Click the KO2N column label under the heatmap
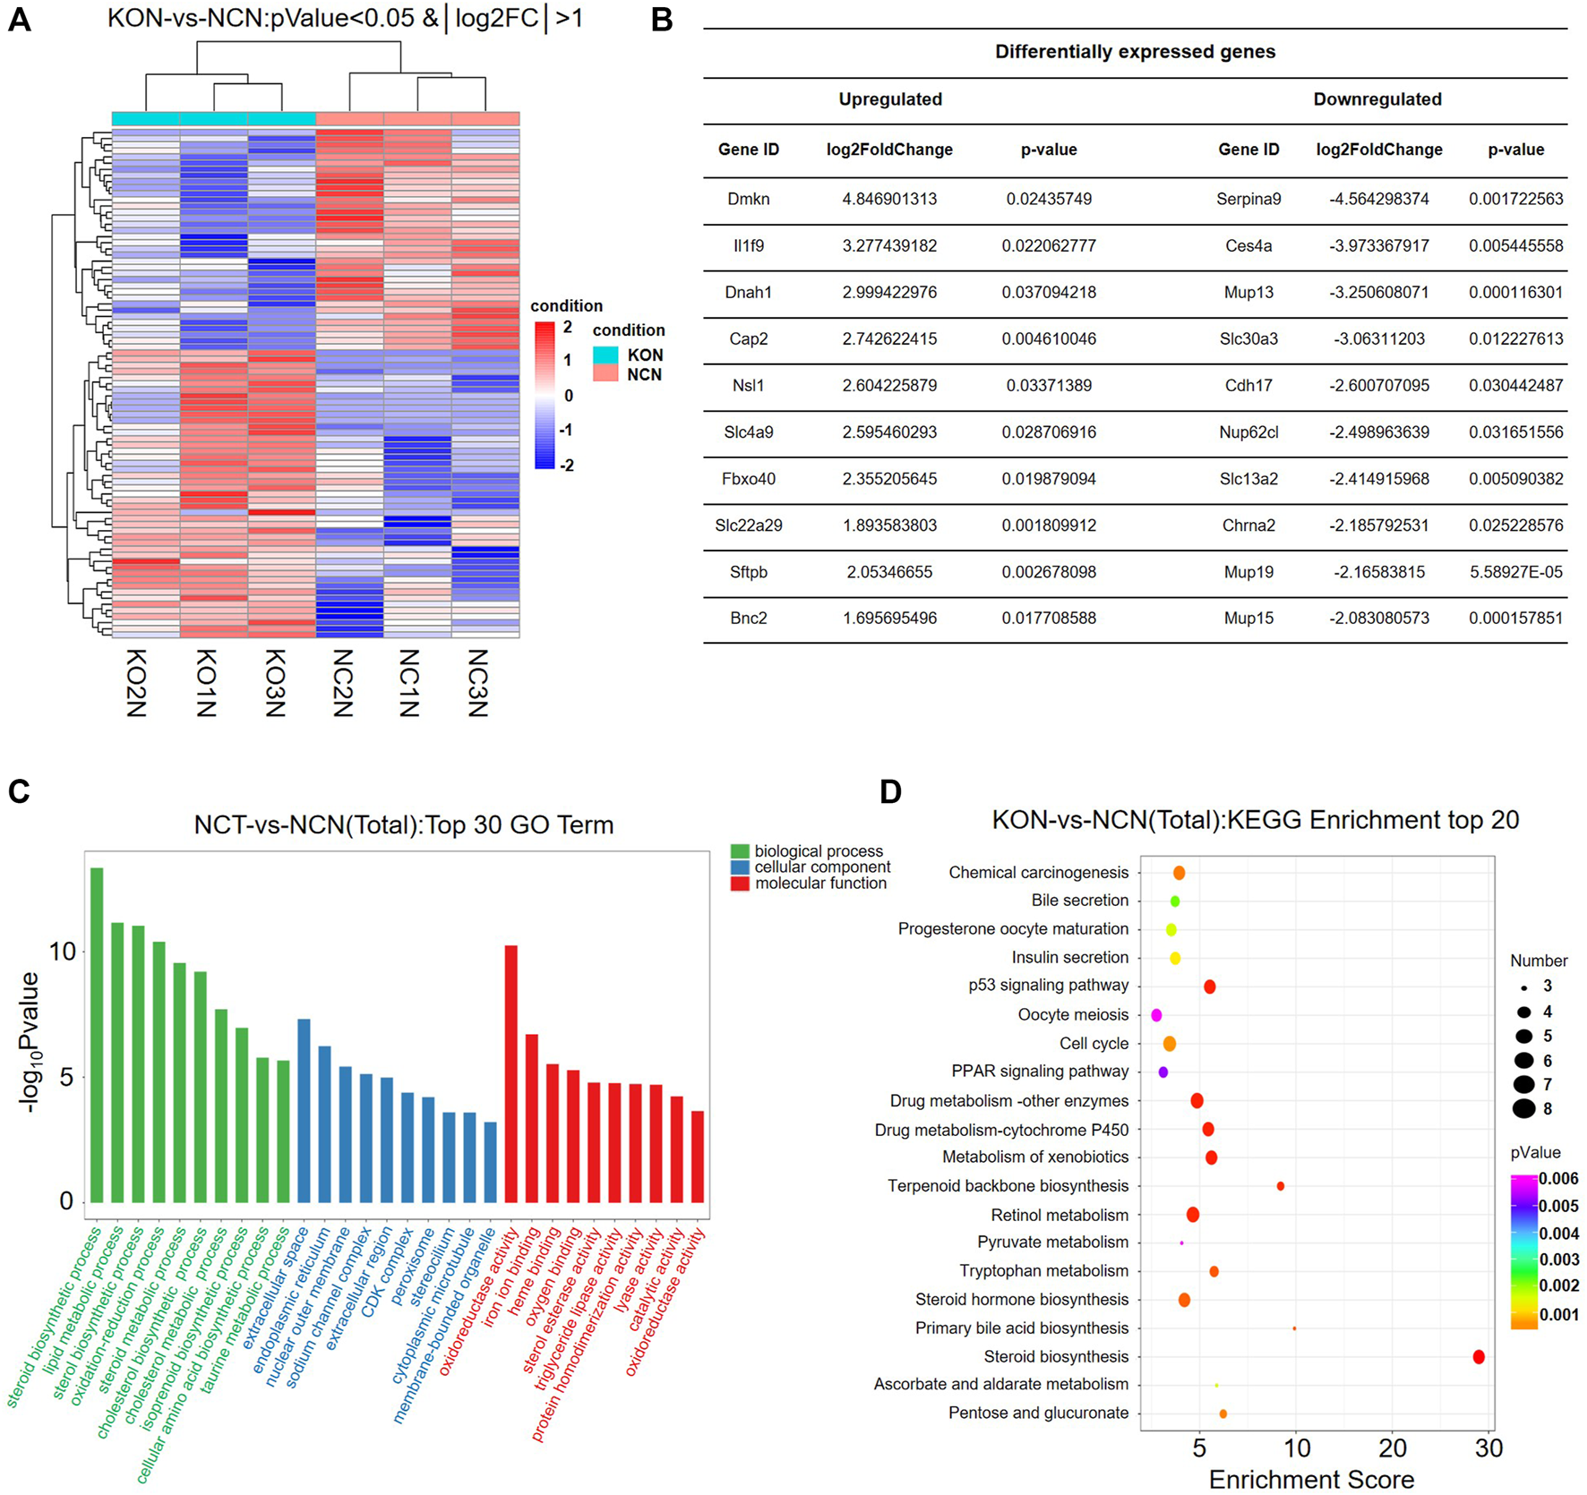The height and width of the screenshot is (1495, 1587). (x=135, y=682)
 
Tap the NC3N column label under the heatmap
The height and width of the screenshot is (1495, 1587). (x=477, y=682)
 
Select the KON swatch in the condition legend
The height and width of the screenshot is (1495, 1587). (x=605, y=355)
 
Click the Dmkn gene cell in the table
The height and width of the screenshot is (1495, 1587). (x=749, y=199)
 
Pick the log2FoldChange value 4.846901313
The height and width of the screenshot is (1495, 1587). (x=889, y=199)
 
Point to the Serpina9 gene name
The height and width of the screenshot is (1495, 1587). (x=1248, y=199)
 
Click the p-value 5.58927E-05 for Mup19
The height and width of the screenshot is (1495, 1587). (x=1515, y=572)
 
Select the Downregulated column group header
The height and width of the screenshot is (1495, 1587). (x=1377, y=99)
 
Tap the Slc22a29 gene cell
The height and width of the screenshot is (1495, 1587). (x=749, y=525)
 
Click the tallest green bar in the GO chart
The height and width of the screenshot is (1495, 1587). (x=97, y=1034)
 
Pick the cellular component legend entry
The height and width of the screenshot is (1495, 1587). (x=821, y=867)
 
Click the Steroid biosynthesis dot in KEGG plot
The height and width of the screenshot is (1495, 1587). (x=1479, y=1357)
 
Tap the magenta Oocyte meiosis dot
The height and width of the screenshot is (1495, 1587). (x=1156, y=1015)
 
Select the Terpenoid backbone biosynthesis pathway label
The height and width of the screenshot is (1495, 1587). (x=1008, y=1186)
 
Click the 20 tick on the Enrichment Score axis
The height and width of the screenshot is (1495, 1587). (x=1393, y=1448)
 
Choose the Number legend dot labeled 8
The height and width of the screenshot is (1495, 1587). (x=1523, y=1109)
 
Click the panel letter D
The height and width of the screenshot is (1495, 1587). (x=890, y=791)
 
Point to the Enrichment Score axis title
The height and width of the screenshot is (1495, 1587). (x=1311, y=1479)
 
